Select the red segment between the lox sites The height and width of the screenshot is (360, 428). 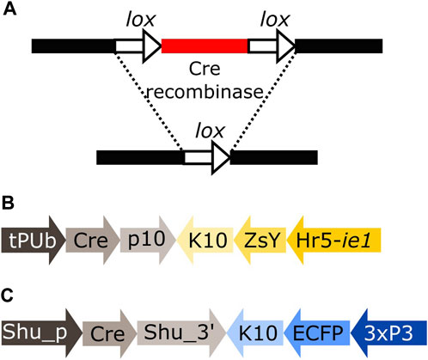coord(205,44)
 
